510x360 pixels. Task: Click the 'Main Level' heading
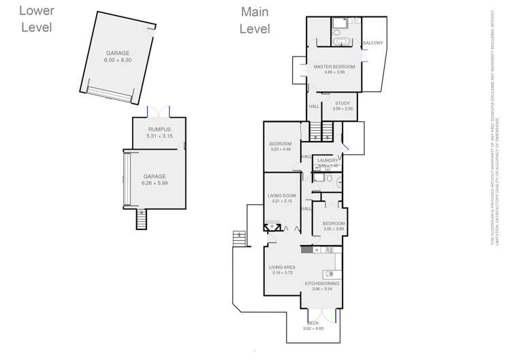click(x=255, y=20)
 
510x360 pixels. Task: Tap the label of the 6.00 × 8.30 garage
click(x=117, y=56)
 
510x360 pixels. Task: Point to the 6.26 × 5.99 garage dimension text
click(x=154, y=183)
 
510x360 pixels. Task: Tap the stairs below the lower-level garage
click(x=142, y=219)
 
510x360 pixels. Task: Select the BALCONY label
click(x=372, y=43)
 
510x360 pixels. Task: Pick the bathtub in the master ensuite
click(x=340, y=42)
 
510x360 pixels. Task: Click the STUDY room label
click(x=342, y=103)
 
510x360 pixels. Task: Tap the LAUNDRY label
click(x=328, y=161)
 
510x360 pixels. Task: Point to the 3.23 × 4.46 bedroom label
click(x=280, y=146)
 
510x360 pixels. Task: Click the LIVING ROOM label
click(x=281, y=198)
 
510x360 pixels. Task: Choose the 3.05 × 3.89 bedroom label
click(x=334, y=226)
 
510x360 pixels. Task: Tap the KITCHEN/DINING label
click(x=321, y=286)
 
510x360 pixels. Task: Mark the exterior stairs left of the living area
click(x=239, y=239)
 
